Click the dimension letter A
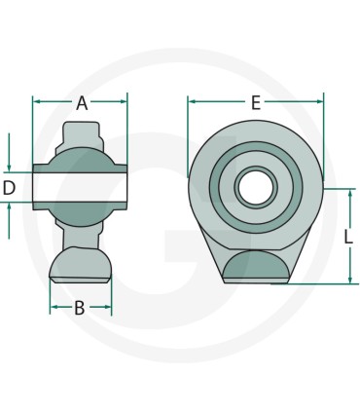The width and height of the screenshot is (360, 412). click(82, 103)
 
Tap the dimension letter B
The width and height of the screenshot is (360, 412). click(80, 308)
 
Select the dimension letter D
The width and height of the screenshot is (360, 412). click(9, 188)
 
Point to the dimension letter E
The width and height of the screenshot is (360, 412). click(256, 103)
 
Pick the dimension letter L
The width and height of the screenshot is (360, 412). click(348, 237)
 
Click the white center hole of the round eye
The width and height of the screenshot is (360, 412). click(255, 188)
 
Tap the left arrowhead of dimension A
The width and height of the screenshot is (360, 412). click(37, 101)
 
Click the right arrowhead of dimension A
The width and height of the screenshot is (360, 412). click(124, 101)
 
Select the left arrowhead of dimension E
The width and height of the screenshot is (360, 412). click(193, 101)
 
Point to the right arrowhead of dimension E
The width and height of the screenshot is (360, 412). click(319, 101)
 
